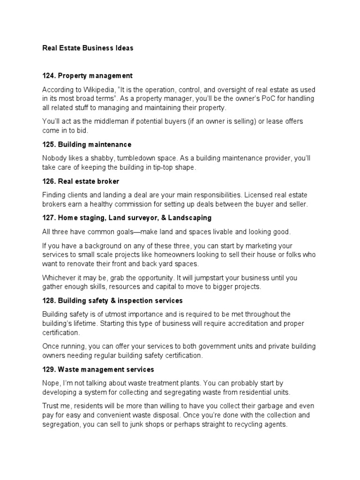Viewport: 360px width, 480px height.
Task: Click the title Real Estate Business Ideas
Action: pos(88,48)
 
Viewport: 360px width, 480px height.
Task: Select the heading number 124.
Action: pos(49,75)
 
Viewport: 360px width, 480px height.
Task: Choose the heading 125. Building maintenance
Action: pos(87,144)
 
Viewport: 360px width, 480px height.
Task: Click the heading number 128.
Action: pos(49,300)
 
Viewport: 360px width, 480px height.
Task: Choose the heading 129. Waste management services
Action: pos(98,369)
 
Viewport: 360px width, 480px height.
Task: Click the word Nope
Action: pos(51,383)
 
